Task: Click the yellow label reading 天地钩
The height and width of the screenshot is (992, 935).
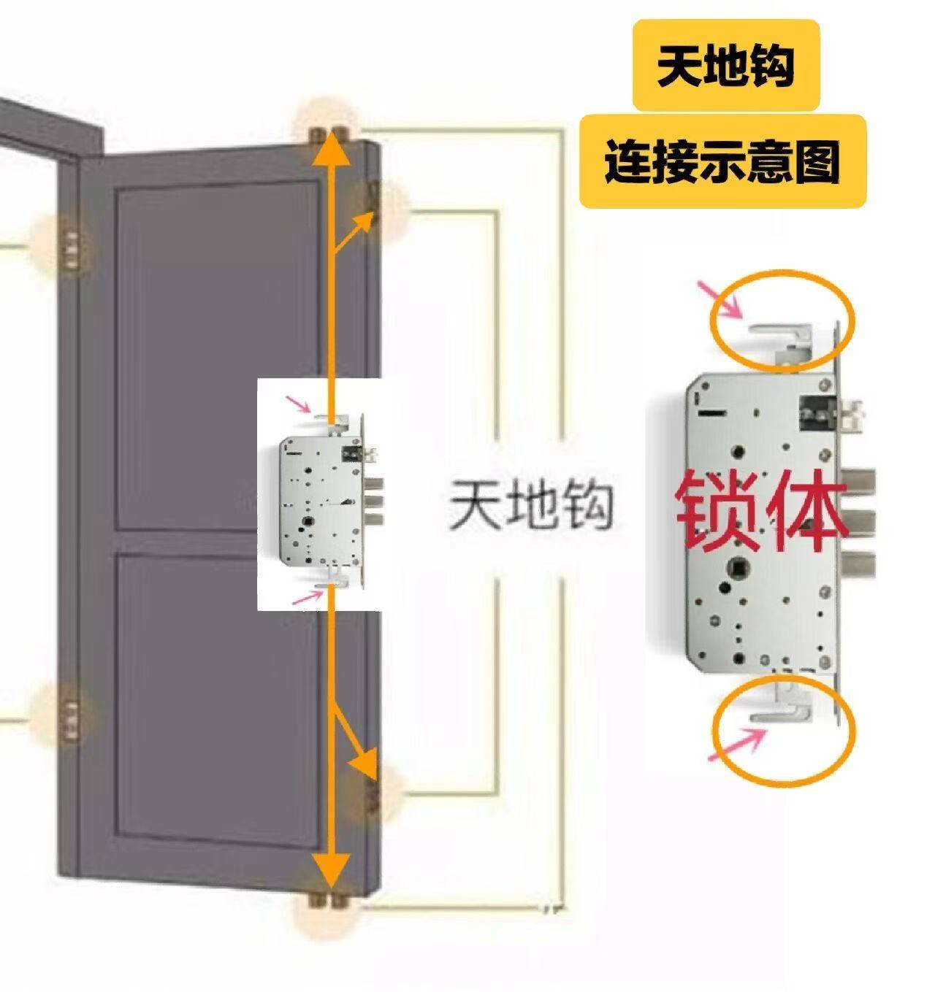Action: coord(725,66)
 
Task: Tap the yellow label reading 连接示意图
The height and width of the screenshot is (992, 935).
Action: coord(722,161)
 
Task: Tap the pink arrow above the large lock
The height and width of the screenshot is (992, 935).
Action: coord(722,300)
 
